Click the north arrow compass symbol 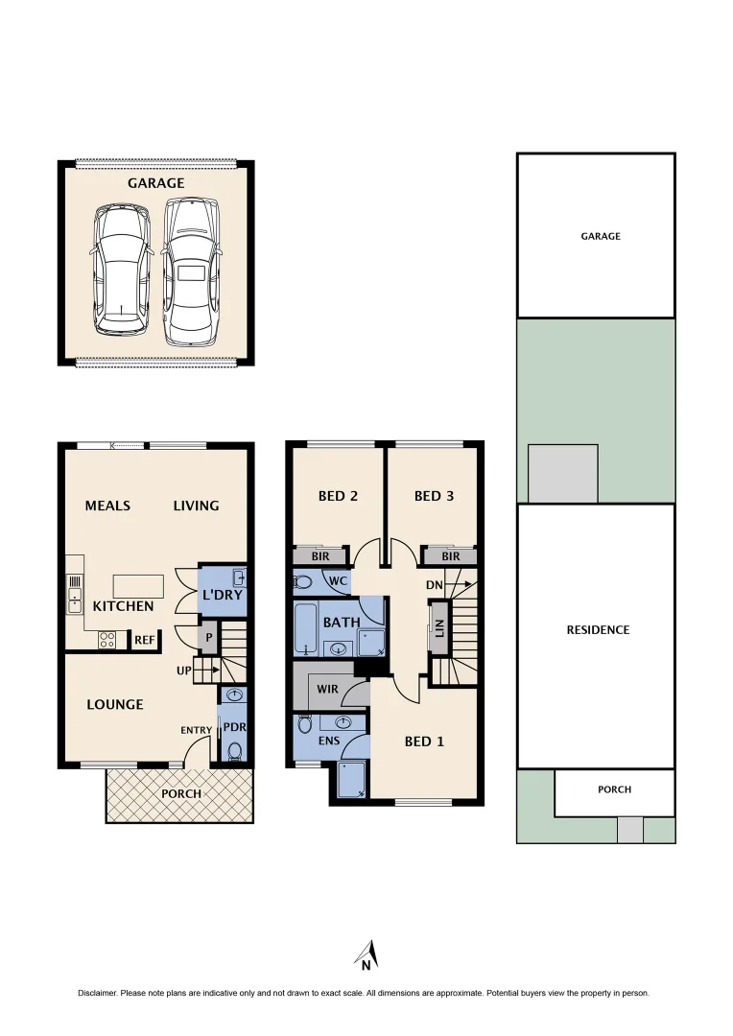[366, 955]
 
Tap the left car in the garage [122, 271]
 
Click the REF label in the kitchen [144, 640]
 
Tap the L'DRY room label [222, 596]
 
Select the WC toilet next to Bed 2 [304, 581]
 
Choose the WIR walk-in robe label [326, 690]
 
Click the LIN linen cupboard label [439, 627]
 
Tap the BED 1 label [424, 741]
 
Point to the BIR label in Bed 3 [451, 556]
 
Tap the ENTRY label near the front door [196, 731]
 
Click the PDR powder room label [234, 727]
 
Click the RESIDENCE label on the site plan [597, 630]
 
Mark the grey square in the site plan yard [563, 473]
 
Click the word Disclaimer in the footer [99, 993]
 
